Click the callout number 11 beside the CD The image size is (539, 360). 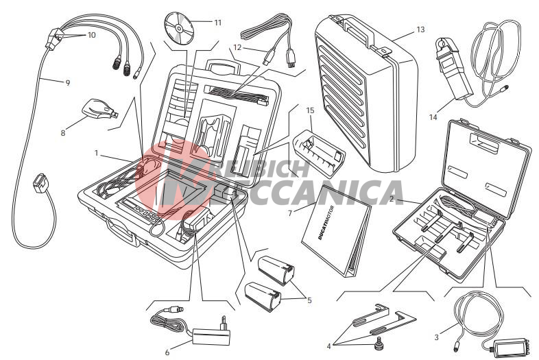click(218, 23)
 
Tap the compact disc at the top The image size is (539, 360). click(179, 27)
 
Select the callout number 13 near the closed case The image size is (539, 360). click(421, 29)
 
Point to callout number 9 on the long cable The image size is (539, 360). click(68, 83)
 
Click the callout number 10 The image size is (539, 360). click(91, 35)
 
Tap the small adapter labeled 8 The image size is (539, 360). click(100, 110)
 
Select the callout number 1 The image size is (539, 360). click(97, 154)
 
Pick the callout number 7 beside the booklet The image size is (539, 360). click(290, 213)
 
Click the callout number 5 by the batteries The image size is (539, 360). click(309, 300)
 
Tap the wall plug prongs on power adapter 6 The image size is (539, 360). click(224, 322)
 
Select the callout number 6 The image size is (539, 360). click(167, 352)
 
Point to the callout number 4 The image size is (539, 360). click(328, 346)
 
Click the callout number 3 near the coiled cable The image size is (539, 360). click(437, 337)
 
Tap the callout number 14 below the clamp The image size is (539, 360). click(433, 117)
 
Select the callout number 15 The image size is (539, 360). click(310, 110)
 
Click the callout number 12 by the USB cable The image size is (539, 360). click(237, 47)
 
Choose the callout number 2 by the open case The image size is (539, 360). click(392, 199)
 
